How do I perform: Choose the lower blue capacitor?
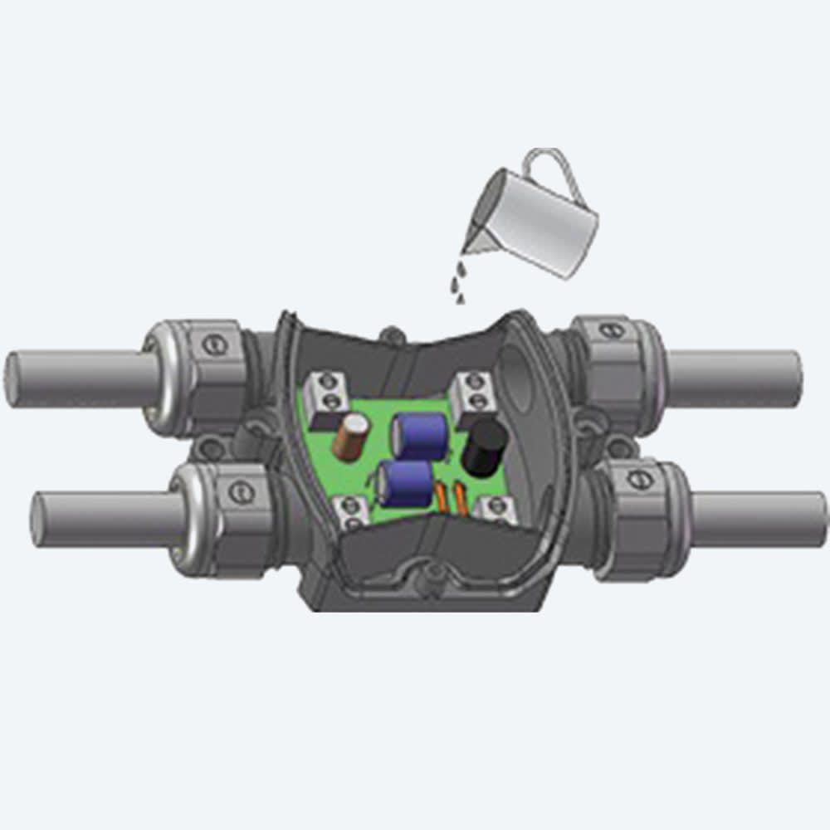click(404, 484)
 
